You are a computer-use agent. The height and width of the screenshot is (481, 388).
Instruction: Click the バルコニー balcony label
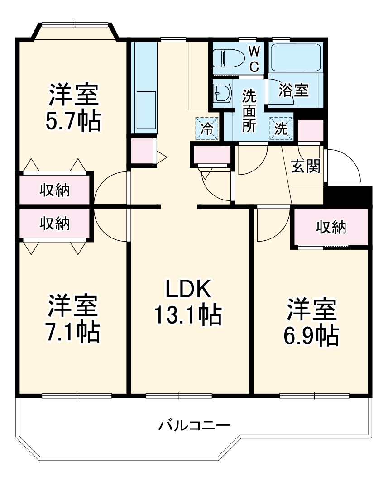click(194, 425)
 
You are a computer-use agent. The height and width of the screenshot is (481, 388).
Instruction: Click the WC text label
click(254, 58)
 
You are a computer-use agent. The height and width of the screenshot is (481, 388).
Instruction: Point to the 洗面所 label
click(248, 110)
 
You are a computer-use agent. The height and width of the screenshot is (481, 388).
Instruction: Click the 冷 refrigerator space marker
click(206, 129)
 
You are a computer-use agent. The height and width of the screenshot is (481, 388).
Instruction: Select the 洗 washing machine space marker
click(281, 129)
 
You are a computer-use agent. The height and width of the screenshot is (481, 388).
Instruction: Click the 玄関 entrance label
click(305, 167)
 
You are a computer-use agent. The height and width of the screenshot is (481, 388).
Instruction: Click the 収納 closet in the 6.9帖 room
click(331, 228)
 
